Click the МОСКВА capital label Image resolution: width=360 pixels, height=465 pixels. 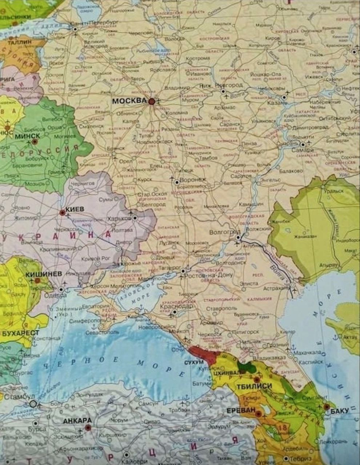[129, 101]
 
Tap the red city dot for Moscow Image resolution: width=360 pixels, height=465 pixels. [152, 101]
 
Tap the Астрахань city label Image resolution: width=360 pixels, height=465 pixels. [276, 287]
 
